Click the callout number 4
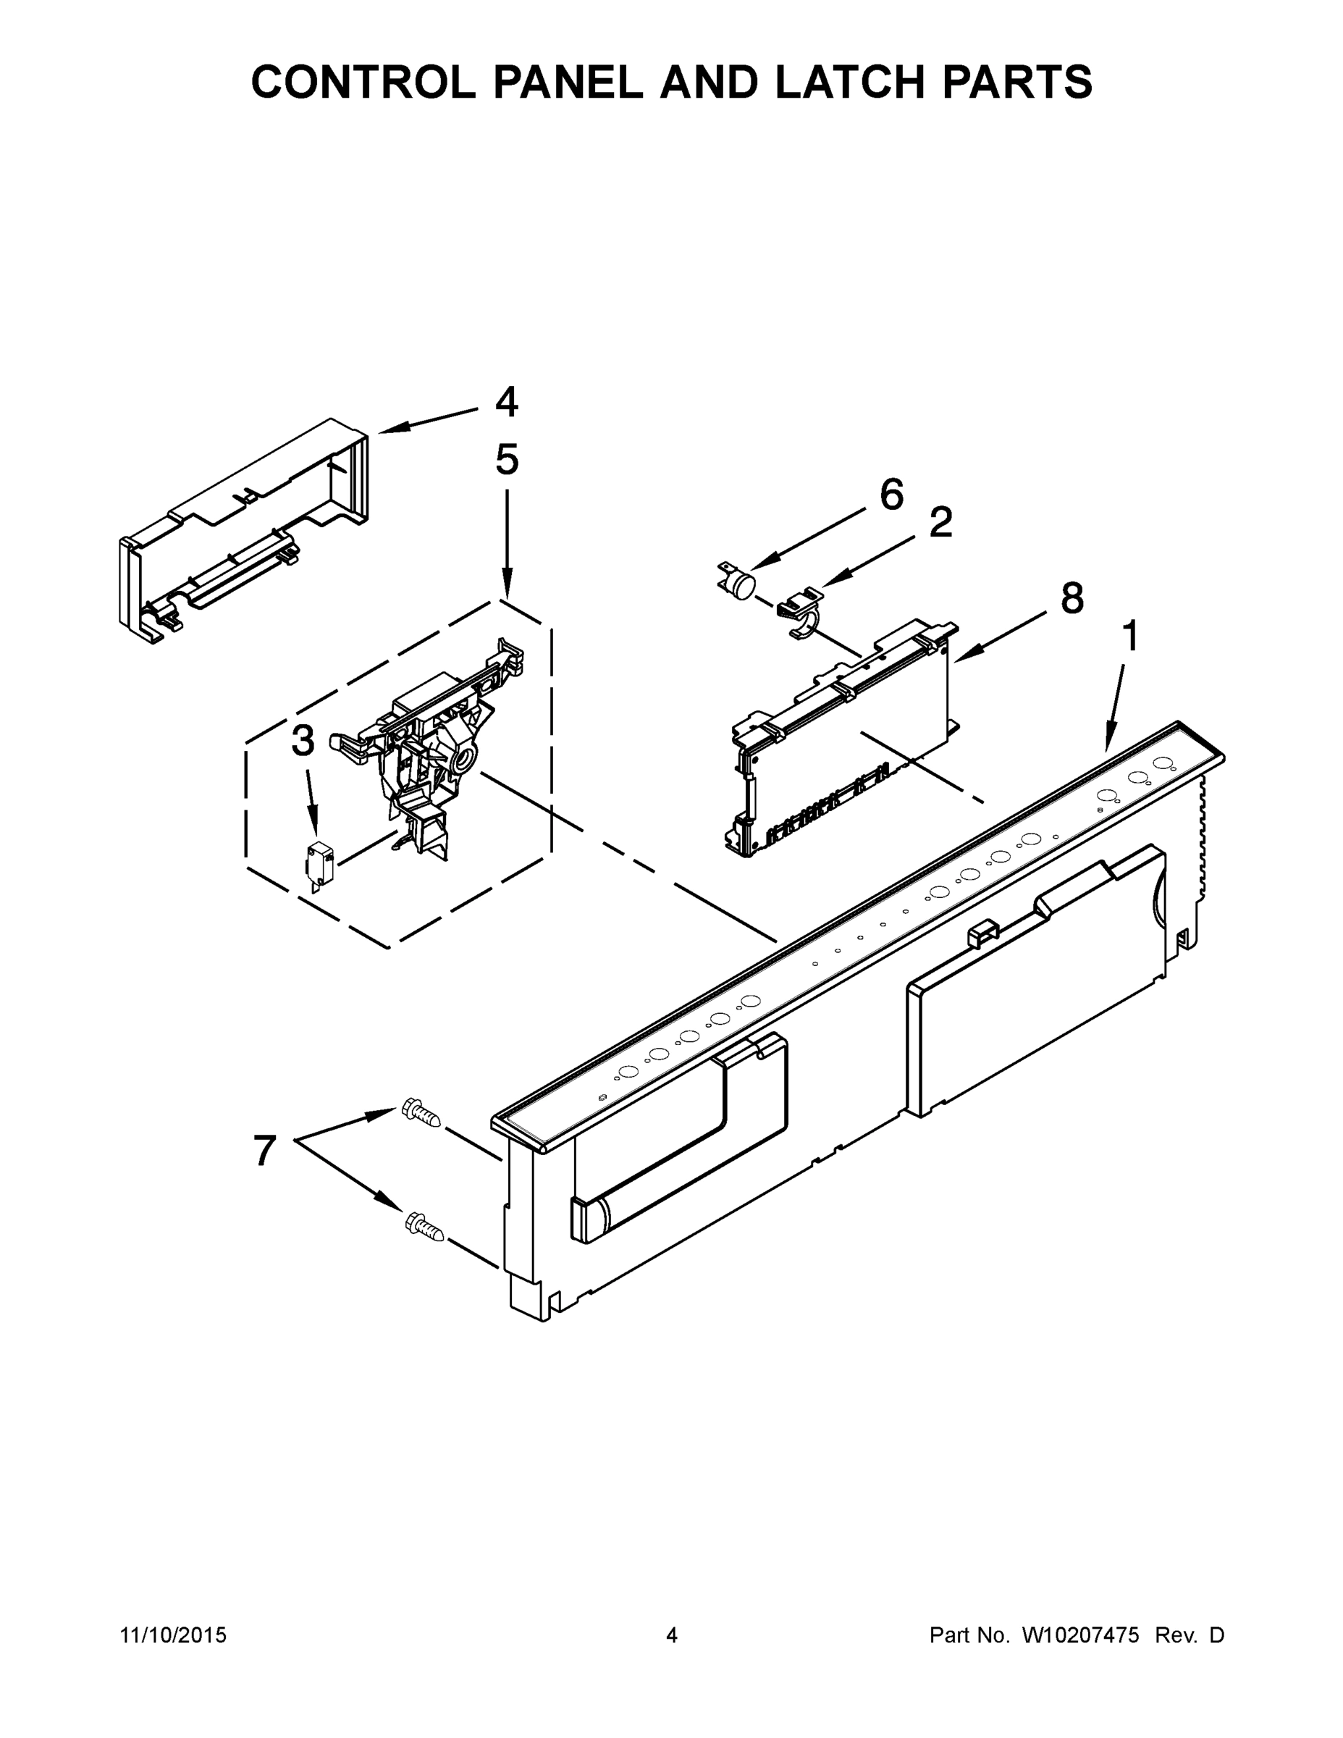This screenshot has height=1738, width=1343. pos(506,403)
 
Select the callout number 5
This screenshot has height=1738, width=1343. pos(507,460)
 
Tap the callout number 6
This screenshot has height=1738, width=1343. pos(892,495)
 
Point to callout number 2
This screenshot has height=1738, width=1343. pos(940,523)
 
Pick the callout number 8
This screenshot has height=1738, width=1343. pos(1072,598)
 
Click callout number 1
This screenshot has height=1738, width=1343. pos(1129,637)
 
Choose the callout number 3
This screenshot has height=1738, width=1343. pos(303,742)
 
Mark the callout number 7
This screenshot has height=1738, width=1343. pos(265,1151)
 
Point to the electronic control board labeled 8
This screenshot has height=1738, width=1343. pos(843,740)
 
